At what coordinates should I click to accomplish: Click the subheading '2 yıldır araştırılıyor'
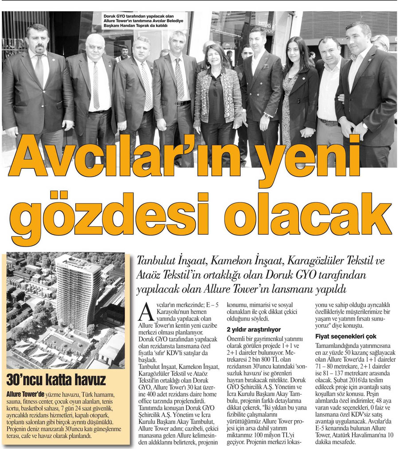point(254,330)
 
